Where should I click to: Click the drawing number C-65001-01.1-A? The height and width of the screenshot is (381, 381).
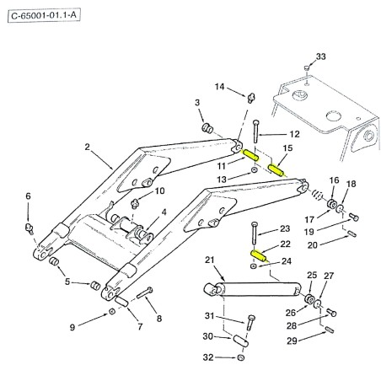(x=44, y=15)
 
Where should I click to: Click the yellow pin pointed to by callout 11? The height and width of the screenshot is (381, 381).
(x=251, y=155)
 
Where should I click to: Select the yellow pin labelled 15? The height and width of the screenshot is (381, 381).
(x=276, y=170)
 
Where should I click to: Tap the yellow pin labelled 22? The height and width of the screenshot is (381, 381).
(x=258, y=255)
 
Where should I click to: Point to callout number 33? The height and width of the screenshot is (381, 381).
(x=321, y=56)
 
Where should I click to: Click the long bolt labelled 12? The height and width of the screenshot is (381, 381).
(x=255, y=131)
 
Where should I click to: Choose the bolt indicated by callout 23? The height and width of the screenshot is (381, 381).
(x=254, y=233)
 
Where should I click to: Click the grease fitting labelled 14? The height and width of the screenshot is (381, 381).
(x=251, y=98)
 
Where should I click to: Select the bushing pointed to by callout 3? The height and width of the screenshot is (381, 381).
(x=207, y=128)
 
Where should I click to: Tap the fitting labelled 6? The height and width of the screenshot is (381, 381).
(x=30, y=228)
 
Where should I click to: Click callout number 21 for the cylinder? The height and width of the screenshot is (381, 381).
(x=209, y=260)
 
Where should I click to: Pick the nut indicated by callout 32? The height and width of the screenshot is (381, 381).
(x=240, y=357)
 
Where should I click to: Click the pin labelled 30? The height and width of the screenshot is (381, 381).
(x=241, y=341)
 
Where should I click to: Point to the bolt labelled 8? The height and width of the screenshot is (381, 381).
(x=145, y=292)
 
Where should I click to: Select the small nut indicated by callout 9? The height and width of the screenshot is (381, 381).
(x=112, y=311)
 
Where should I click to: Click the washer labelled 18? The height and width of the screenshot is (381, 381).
(x=340, y=209)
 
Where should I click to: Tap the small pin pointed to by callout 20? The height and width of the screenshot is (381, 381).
(x=351, y=233)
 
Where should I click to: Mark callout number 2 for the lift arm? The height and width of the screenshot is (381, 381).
(x=87, y=147)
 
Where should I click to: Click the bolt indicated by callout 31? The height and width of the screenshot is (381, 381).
(x=250, y=323)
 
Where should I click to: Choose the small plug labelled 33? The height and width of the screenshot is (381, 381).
(x=307, y=67)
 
